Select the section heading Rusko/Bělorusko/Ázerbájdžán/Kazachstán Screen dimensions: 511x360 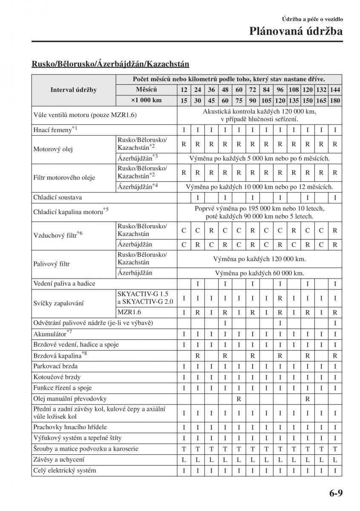110,64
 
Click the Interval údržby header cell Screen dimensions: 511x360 74,90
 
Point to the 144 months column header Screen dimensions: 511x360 335,90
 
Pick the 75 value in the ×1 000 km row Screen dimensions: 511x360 239,100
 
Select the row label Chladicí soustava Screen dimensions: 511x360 58,198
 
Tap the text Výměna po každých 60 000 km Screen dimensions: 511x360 259,273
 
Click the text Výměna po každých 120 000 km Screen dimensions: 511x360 259,259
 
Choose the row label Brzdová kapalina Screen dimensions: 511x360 60,355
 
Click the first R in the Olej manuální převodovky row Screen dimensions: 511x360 239,399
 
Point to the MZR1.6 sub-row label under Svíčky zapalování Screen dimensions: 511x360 130,312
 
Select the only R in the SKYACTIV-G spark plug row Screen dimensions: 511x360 280,299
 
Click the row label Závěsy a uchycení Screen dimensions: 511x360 59,459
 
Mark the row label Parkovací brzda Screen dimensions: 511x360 55,366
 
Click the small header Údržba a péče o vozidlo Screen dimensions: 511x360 312,19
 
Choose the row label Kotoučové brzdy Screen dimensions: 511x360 57,377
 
